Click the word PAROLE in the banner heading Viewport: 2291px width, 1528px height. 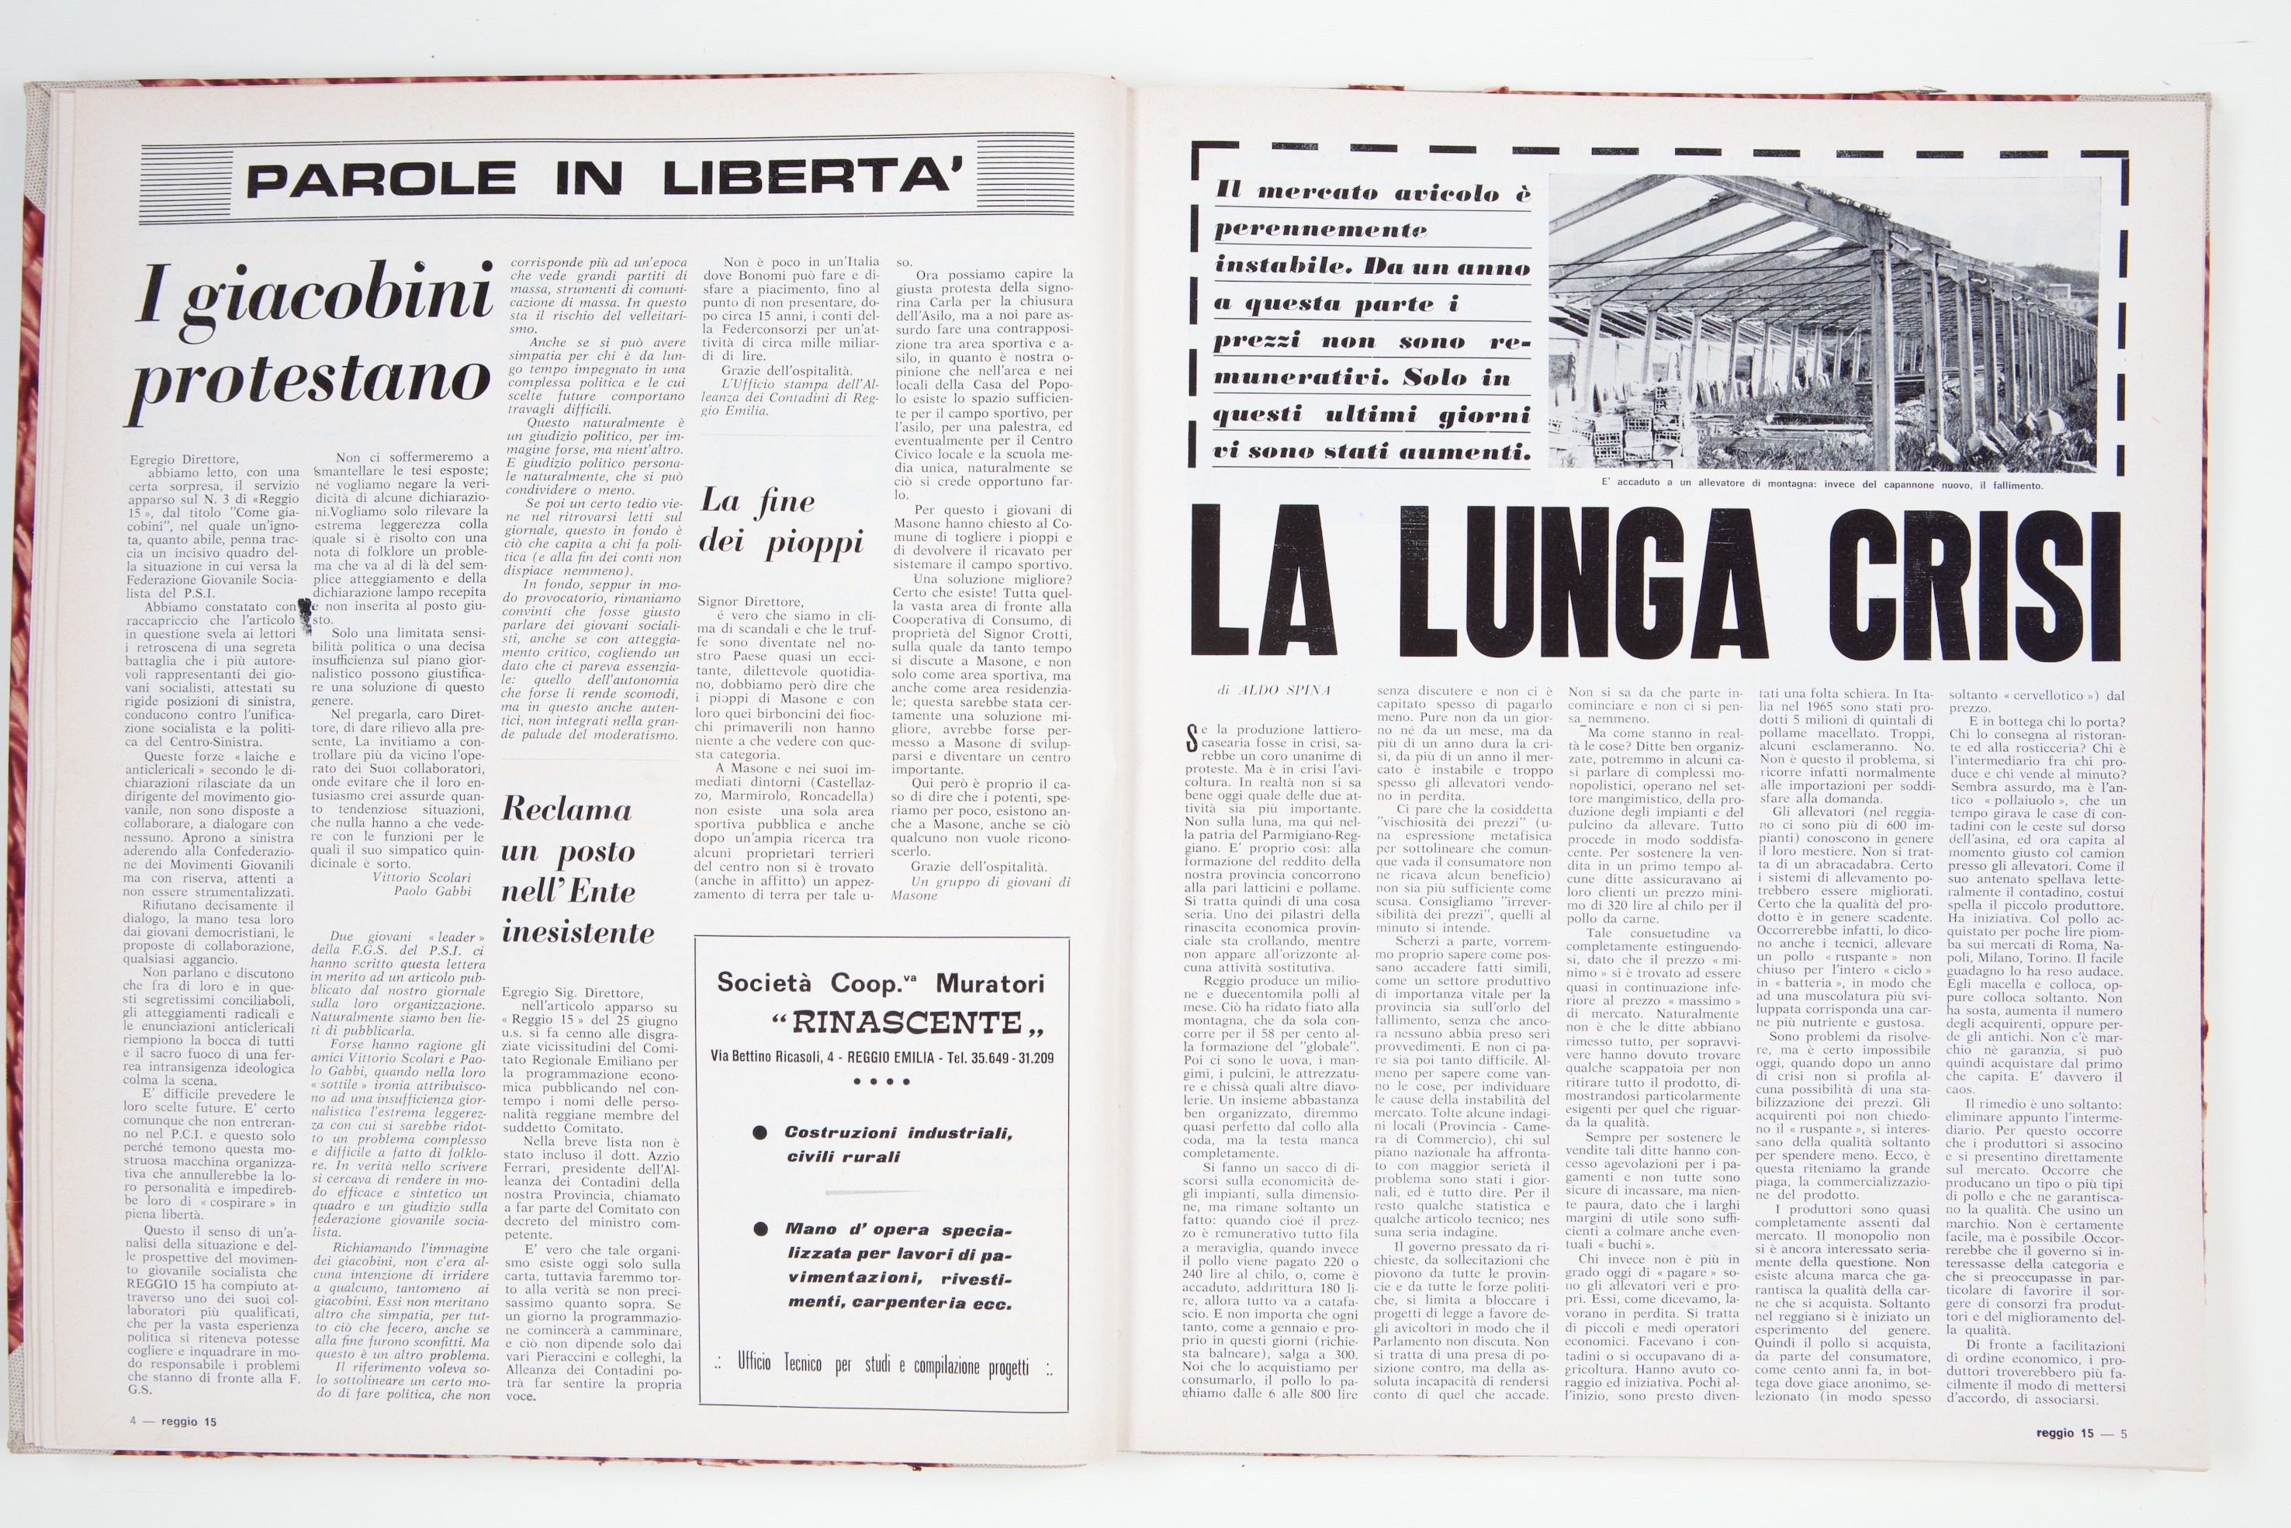(381, 179)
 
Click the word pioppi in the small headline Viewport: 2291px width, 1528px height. (815, 544)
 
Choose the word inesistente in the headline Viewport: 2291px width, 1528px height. (578, 933)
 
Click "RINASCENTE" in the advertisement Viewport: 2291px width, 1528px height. (907, 1024)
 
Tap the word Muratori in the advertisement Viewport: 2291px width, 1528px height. (991, 982)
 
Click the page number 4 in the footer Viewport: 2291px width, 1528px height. (133, 1422)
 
